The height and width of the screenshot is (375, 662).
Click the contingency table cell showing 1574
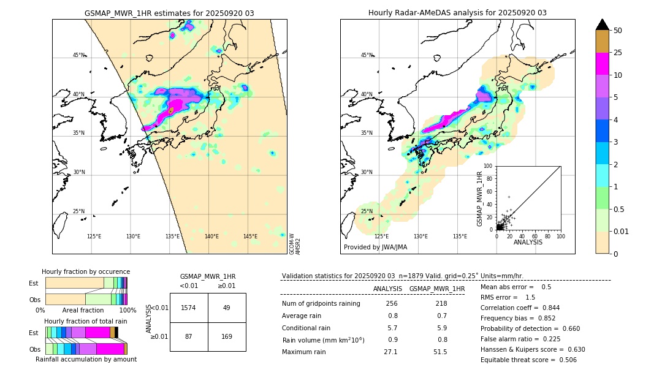(189, 308)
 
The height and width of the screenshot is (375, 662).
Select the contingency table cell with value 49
(227, 308)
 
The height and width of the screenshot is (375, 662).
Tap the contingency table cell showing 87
(189, 336)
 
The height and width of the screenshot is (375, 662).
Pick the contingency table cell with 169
(227, 336)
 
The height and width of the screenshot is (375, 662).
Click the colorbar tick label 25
(618, 53)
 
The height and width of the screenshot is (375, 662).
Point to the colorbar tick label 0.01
(622, 231)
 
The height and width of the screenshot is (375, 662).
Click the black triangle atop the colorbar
(603, 25)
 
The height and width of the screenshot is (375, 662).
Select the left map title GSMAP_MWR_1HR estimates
(169, 13)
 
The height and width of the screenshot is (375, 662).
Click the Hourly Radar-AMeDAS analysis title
(457, 13)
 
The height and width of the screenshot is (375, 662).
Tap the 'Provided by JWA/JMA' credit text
(375, 247)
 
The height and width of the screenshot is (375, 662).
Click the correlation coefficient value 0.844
(547, 308)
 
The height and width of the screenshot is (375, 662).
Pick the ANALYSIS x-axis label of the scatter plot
(528, 242)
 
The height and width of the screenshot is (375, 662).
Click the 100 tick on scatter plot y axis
(489, 166)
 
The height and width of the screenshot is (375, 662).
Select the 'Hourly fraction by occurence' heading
(86, 271)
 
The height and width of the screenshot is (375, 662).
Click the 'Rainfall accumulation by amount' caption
(86, 359)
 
